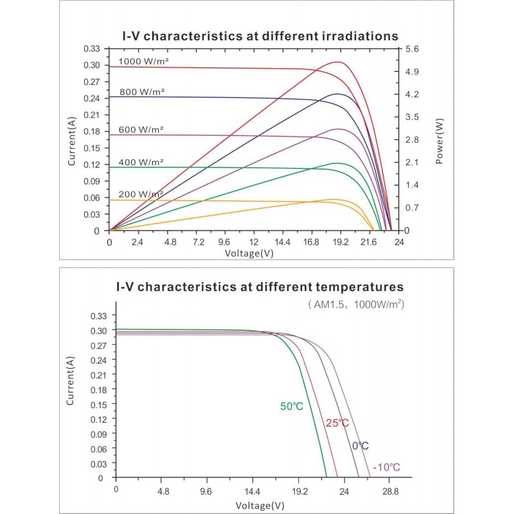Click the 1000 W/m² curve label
143,61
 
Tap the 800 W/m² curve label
142,92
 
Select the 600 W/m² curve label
141,129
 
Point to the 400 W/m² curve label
141,162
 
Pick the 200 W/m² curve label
141,194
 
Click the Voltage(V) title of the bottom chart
260,505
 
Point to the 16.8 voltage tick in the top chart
312,242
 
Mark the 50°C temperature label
291,406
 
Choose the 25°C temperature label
337,423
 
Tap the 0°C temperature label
360,446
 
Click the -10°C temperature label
386,467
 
